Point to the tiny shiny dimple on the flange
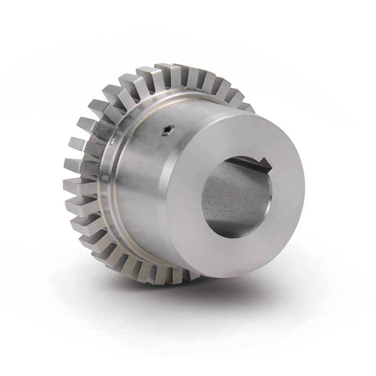pos(112,142)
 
